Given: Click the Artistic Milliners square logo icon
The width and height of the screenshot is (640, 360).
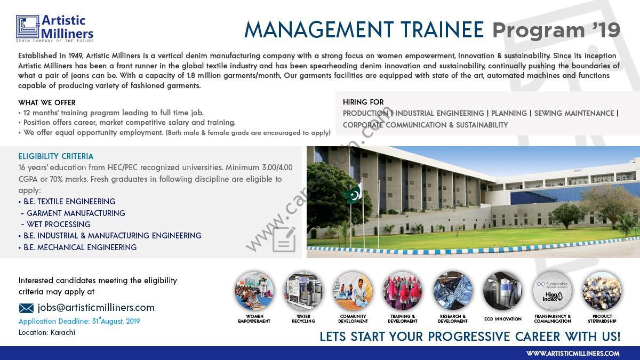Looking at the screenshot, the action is tap(27, 27).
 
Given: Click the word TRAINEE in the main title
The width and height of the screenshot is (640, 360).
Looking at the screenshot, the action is tap(442, 30).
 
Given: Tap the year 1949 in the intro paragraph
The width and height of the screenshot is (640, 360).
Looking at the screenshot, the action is tap(76, 55).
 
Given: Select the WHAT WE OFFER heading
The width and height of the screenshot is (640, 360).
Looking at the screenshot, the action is tap(47, 102).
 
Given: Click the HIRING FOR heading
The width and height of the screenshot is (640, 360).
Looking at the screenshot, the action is tap(363, 102).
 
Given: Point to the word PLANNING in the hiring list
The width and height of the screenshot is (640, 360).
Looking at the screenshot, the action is tap(509, 113).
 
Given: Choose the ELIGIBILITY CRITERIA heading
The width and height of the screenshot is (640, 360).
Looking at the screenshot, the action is tap(55, 156).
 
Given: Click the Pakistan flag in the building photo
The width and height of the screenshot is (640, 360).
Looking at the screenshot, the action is tap(353, 194).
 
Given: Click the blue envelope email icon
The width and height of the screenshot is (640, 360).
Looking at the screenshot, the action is tap(26, 308).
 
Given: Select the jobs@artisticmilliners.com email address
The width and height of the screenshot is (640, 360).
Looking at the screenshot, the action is tap(96, 308).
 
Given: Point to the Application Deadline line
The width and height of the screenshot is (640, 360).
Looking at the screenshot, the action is tap(79, 321).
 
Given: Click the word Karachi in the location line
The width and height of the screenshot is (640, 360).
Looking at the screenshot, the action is tap(63, 333).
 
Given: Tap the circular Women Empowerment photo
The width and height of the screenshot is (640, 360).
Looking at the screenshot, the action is tap(254, 291).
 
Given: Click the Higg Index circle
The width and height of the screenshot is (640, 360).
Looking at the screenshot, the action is tap(553, 291).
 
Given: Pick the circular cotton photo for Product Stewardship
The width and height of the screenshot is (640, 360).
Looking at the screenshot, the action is tap(602, 291).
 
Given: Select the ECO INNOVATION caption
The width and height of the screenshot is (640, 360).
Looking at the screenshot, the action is tap(503, 319).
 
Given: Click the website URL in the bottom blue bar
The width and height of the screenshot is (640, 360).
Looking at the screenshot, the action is tap(573, 354).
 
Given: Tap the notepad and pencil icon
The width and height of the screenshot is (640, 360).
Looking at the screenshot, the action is tap(284, 239).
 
